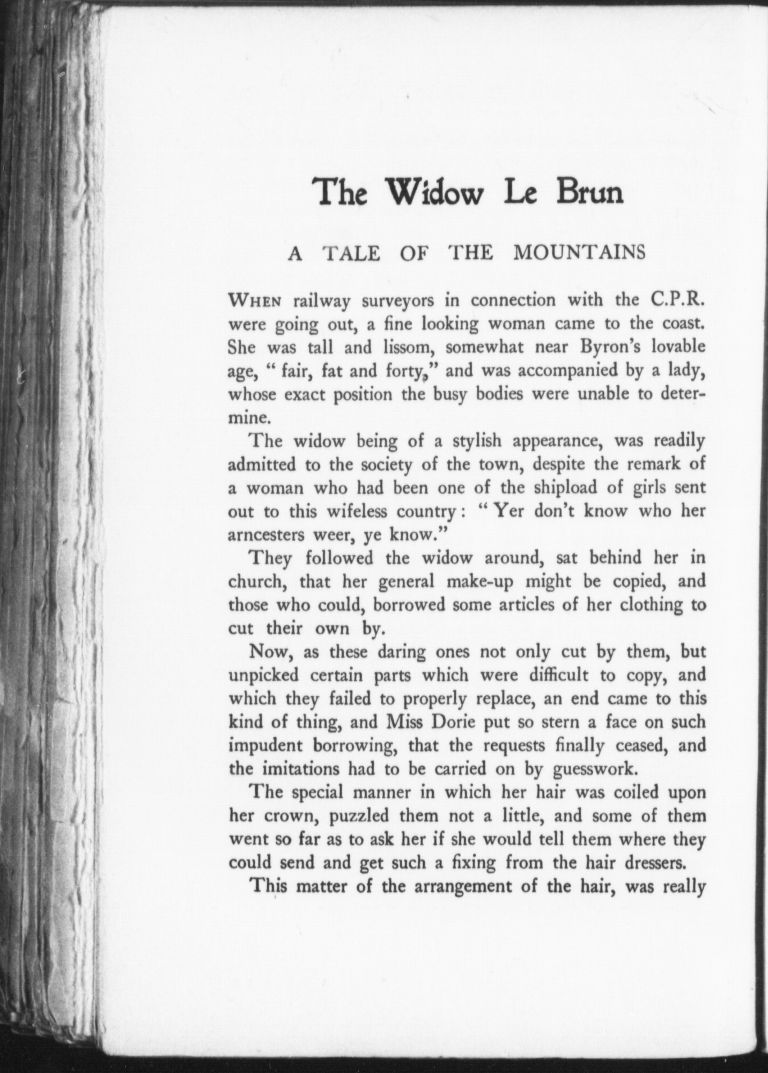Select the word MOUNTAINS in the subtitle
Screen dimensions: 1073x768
point(579,252)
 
